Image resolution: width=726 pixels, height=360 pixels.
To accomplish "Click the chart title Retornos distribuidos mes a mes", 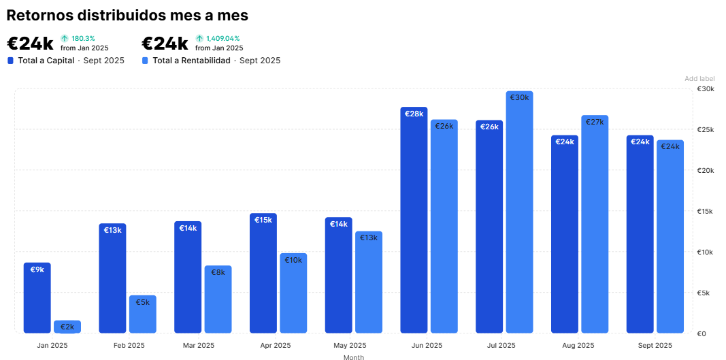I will click(x=127, y=15).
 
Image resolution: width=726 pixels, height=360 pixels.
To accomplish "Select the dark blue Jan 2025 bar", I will click(x=37, y=299).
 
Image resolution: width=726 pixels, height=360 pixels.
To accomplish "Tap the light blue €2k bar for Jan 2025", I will click(x=67, y=327).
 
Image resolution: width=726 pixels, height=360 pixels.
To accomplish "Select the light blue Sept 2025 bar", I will click(x=670, y=238).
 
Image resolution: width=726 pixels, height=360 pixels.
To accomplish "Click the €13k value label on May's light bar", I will click(x=368, y=238).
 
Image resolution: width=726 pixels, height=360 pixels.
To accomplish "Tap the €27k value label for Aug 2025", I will click(x=594, y=122).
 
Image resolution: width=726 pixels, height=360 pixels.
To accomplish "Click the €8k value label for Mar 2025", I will click(x=218, y=272).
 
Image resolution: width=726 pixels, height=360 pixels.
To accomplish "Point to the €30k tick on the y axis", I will click(x=706, y=89).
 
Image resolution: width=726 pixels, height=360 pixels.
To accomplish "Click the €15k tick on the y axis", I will click(x=706, y=212).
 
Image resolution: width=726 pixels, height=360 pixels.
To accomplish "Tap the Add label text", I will click(x=699, y=79).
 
